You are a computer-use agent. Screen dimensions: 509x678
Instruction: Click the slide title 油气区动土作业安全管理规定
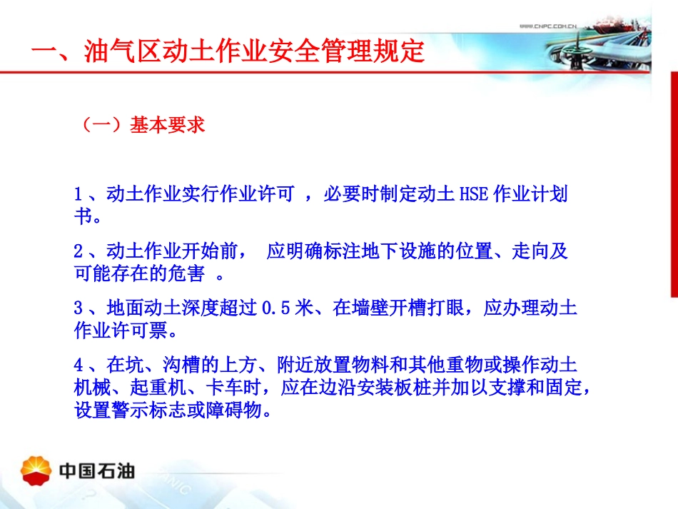228,51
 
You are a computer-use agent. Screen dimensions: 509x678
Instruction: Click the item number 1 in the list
79,194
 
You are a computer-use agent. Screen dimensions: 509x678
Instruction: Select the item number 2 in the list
79,251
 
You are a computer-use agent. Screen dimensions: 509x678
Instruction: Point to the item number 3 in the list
79,309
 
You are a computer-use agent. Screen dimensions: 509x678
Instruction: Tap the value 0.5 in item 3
275,309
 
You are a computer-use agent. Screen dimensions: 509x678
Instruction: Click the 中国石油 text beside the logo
96,470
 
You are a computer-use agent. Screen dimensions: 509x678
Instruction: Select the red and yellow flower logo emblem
37,469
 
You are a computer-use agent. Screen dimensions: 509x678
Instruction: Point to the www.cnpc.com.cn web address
547,26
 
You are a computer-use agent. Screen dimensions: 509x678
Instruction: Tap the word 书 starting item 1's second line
83,216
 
